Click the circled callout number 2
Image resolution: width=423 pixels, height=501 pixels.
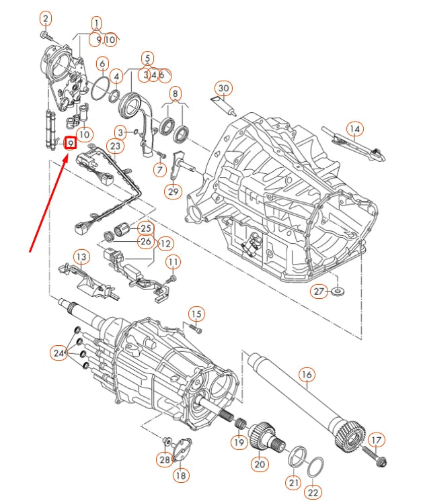click(46, 17)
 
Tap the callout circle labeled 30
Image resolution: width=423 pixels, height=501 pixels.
click(223, 88)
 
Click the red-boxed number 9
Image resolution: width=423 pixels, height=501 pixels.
click(69, 143)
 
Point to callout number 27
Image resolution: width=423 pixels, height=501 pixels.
click(318, 291)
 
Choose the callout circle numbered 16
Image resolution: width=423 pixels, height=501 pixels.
click(307, 374)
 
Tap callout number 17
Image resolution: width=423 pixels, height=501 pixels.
click(376, 441)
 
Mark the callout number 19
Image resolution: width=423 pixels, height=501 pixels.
click(239, 443)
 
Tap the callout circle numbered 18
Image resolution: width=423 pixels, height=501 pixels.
click(180, 475)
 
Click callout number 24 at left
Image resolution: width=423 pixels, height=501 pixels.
click(60, 353)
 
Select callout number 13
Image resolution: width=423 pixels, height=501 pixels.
click(81, 257)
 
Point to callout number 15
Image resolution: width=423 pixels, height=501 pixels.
click(196, 314)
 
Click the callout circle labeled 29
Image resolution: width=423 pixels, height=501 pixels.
click(174, 192)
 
